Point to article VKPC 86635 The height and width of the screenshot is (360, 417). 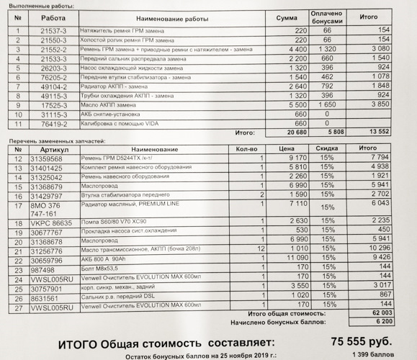tap(50, 222)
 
